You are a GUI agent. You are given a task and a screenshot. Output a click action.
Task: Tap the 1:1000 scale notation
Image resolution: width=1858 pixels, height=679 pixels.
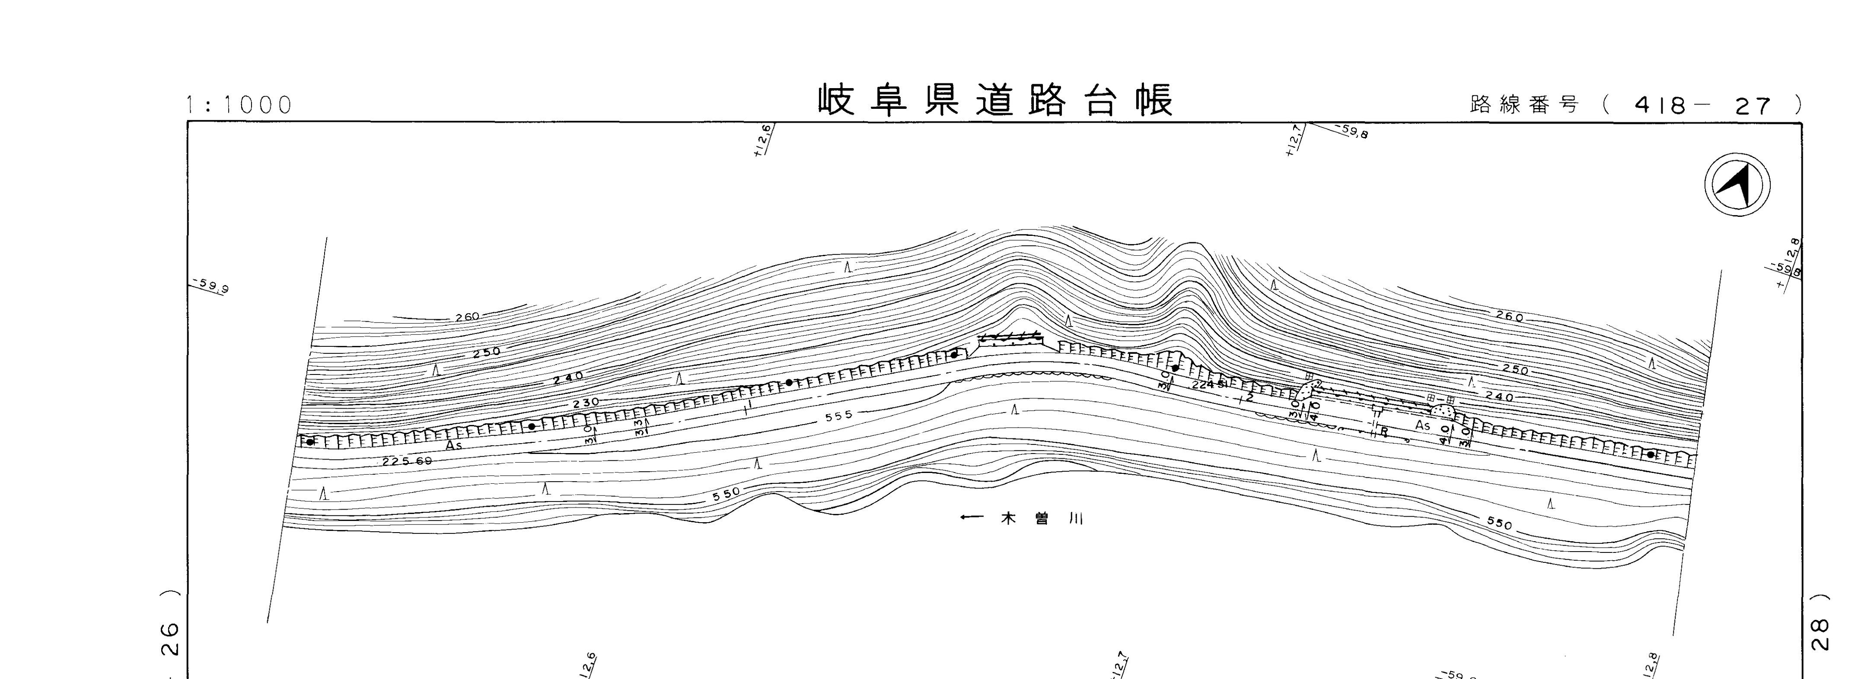(239, 105)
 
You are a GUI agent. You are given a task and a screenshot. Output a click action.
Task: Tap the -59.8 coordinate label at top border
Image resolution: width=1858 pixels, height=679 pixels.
(1351, 132)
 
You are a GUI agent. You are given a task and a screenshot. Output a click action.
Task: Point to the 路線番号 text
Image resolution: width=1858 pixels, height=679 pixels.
(1524, 105)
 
